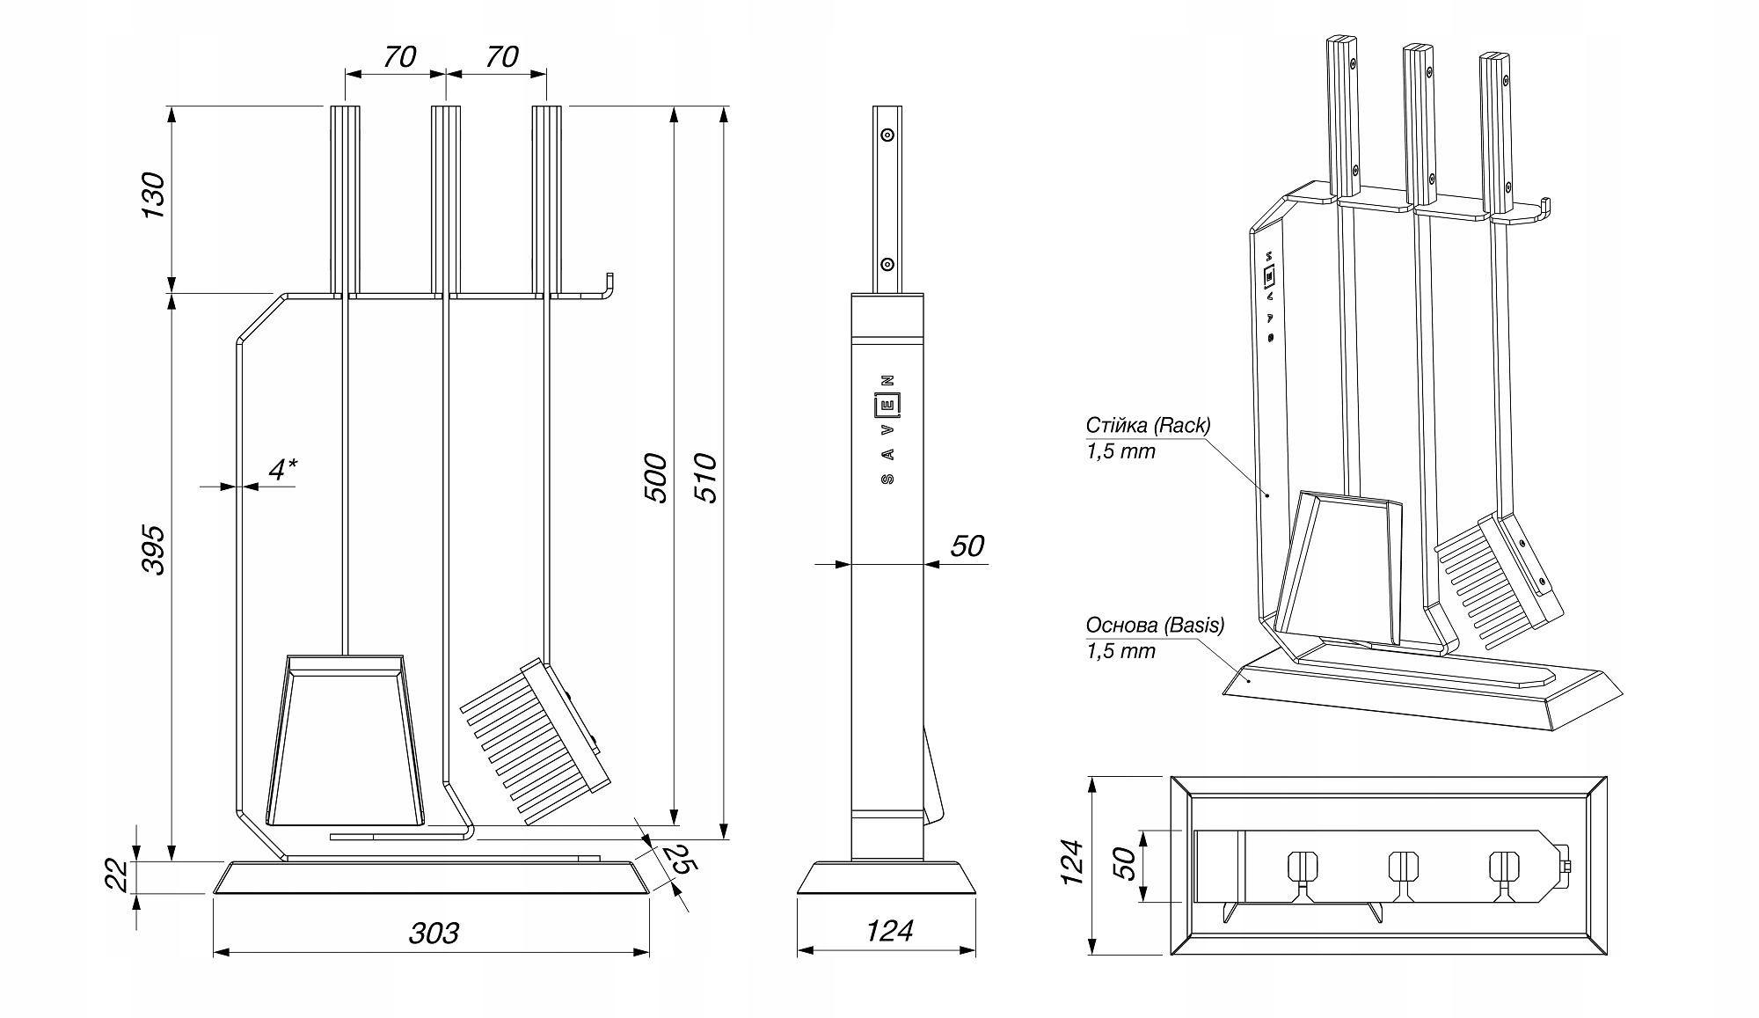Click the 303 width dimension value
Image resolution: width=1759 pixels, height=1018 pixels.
434,933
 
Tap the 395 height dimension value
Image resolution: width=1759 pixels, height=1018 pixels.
154,550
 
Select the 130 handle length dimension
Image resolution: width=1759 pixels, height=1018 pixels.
154,196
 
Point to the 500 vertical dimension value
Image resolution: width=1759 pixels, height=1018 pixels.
656,478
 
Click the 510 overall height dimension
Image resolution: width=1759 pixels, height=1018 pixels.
706,478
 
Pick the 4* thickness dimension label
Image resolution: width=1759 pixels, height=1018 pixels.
281,469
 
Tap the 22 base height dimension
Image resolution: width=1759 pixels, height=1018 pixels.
120,876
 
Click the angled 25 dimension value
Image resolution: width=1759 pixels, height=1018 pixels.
678,861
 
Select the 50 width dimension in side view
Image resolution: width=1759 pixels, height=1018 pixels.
967,546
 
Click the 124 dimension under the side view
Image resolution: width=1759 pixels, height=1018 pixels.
889,931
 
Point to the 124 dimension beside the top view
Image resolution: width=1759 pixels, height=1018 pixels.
1072,862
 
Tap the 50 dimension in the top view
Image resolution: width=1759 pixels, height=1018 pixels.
1125,865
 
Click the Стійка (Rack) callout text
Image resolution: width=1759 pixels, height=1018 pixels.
1148,426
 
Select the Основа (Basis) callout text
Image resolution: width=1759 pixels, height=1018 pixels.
1154,626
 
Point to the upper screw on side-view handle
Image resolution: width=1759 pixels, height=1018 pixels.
887,135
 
